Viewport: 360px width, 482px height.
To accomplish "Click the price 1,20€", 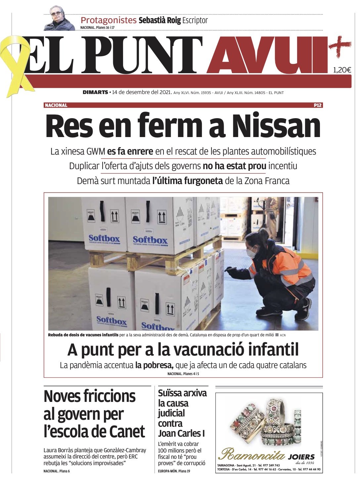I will click(x=342, y=70).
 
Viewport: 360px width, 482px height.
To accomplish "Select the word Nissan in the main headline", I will click(x=276, y=126).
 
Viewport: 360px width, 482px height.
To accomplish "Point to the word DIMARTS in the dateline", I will click(x=95, y=92).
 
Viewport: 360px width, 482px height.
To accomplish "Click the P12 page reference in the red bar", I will click(x=318, y=105).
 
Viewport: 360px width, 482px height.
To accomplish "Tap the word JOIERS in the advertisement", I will click(x=301, y=457).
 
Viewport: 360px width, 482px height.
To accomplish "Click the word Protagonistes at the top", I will click(x=109, y=20).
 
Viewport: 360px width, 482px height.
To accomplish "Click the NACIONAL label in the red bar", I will click(x=56, y=105).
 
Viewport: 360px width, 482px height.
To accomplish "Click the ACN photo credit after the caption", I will click(x=283, y=335).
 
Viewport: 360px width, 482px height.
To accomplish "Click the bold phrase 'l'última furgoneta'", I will click(x=187, y=181).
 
